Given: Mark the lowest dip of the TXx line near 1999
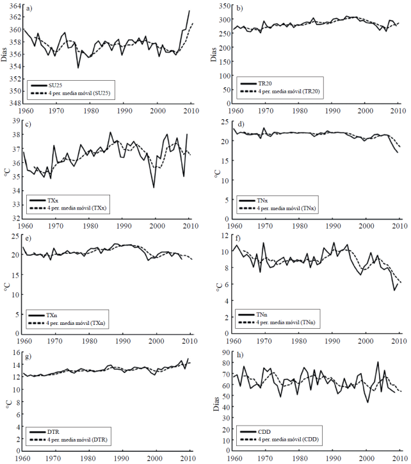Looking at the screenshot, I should [x=154, y=187].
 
